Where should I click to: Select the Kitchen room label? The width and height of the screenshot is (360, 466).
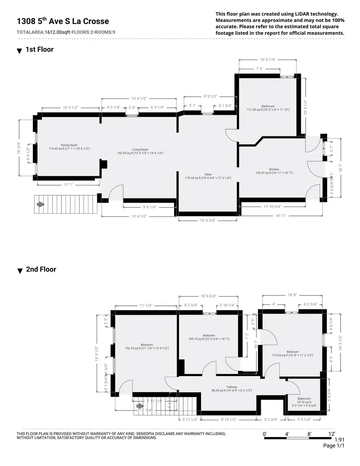(274, 170)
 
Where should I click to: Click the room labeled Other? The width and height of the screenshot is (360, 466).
(208, 174)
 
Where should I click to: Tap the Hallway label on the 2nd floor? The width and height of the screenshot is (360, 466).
(232, 387)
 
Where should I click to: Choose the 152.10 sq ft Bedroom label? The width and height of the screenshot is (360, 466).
(146, 345)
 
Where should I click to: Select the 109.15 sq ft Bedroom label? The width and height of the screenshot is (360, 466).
(209, 336)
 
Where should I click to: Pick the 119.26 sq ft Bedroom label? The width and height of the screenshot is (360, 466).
(292, 352)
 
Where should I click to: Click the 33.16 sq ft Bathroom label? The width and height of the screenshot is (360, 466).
(304, 398)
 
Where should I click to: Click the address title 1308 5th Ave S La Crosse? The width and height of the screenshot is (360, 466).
(63, 21)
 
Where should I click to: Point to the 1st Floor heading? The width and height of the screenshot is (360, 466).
(40, 50)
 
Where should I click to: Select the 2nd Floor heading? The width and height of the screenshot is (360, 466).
(41, 269)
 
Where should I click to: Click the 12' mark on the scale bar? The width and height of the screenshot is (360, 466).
(331, 434)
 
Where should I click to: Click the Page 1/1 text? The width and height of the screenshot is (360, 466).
(334, 446)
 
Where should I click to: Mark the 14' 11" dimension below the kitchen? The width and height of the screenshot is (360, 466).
(281, 216)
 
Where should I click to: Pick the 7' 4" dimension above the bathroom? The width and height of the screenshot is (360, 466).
(259, 69)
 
